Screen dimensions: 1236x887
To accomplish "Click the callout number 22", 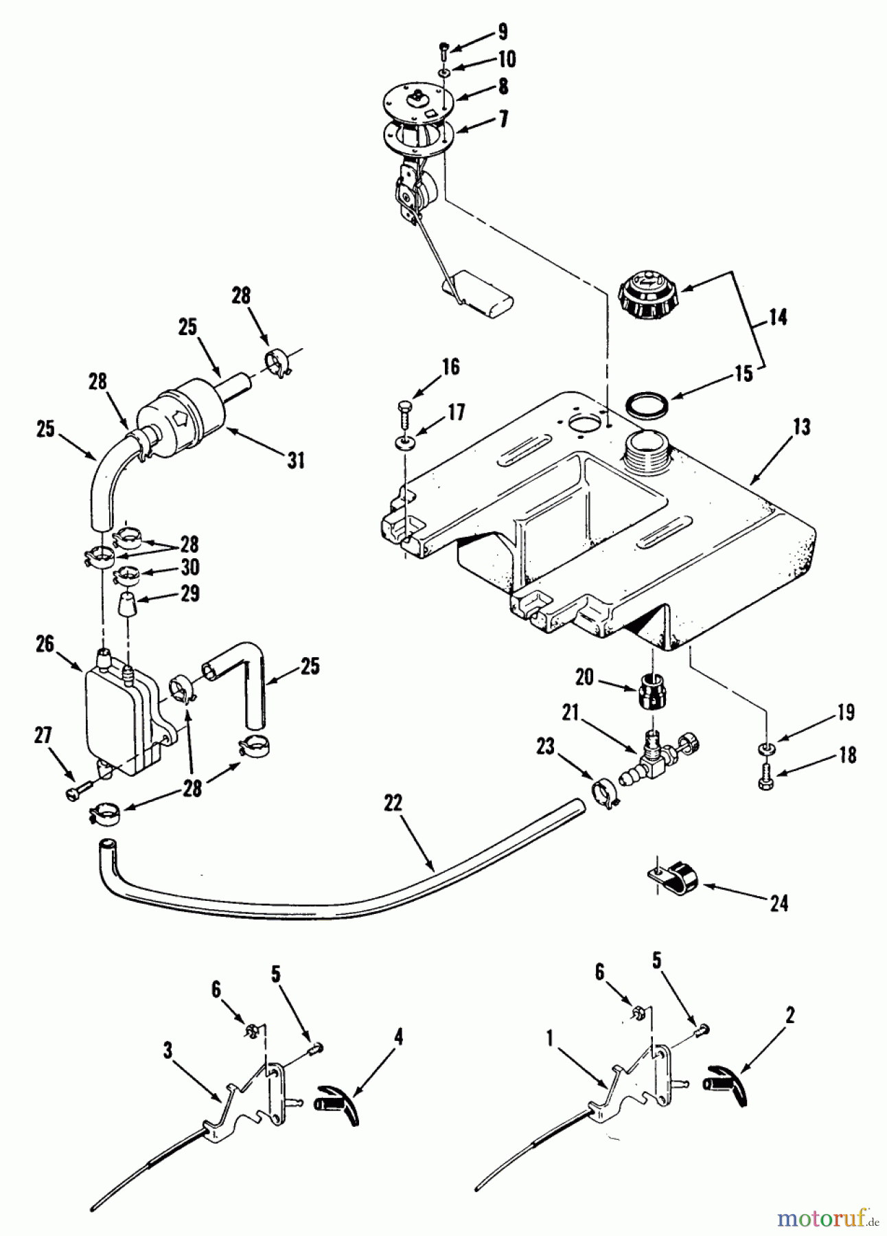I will (x=393, y=803).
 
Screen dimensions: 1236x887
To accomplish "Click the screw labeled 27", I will (x=76, y=792).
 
